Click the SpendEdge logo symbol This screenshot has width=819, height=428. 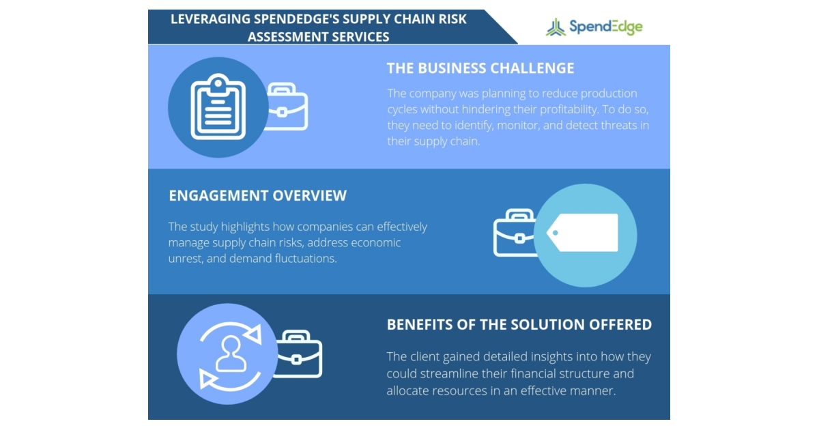556,27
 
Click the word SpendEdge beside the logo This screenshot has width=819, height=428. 605,27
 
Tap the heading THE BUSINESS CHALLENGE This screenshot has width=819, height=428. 480,68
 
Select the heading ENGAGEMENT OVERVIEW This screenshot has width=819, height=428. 257,196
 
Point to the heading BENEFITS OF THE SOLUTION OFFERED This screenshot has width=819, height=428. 519,324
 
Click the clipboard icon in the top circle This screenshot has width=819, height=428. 217,107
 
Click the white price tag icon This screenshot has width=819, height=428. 584,233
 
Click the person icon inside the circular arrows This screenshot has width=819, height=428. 231,353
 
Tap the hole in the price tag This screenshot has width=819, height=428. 555,233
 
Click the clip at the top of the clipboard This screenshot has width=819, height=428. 217,83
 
